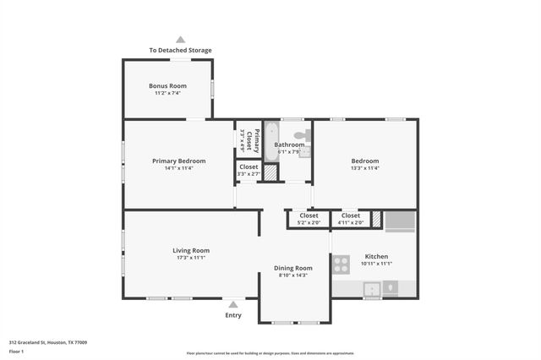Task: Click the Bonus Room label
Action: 167,85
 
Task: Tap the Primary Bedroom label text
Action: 178,161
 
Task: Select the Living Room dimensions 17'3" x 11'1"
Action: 191,258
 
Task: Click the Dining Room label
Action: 292,268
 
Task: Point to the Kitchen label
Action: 376,256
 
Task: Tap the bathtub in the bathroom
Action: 270,141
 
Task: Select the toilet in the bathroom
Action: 302,135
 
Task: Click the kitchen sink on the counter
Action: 371,289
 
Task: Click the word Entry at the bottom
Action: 233,315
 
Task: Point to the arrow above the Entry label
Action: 233,303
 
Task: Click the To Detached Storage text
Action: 180,51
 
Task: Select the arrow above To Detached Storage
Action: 180,39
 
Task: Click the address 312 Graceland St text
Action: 47,342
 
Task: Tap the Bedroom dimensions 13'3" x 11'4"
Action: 365,168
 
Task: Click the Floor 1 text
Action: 17,350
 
